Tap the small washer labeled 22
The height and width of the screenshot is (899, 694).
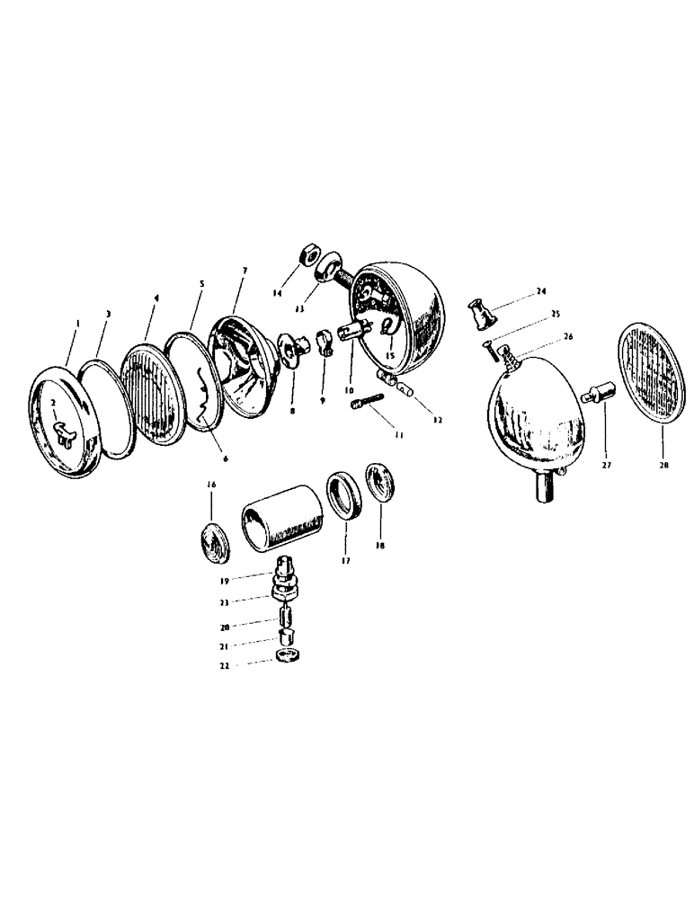(285, 657)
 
